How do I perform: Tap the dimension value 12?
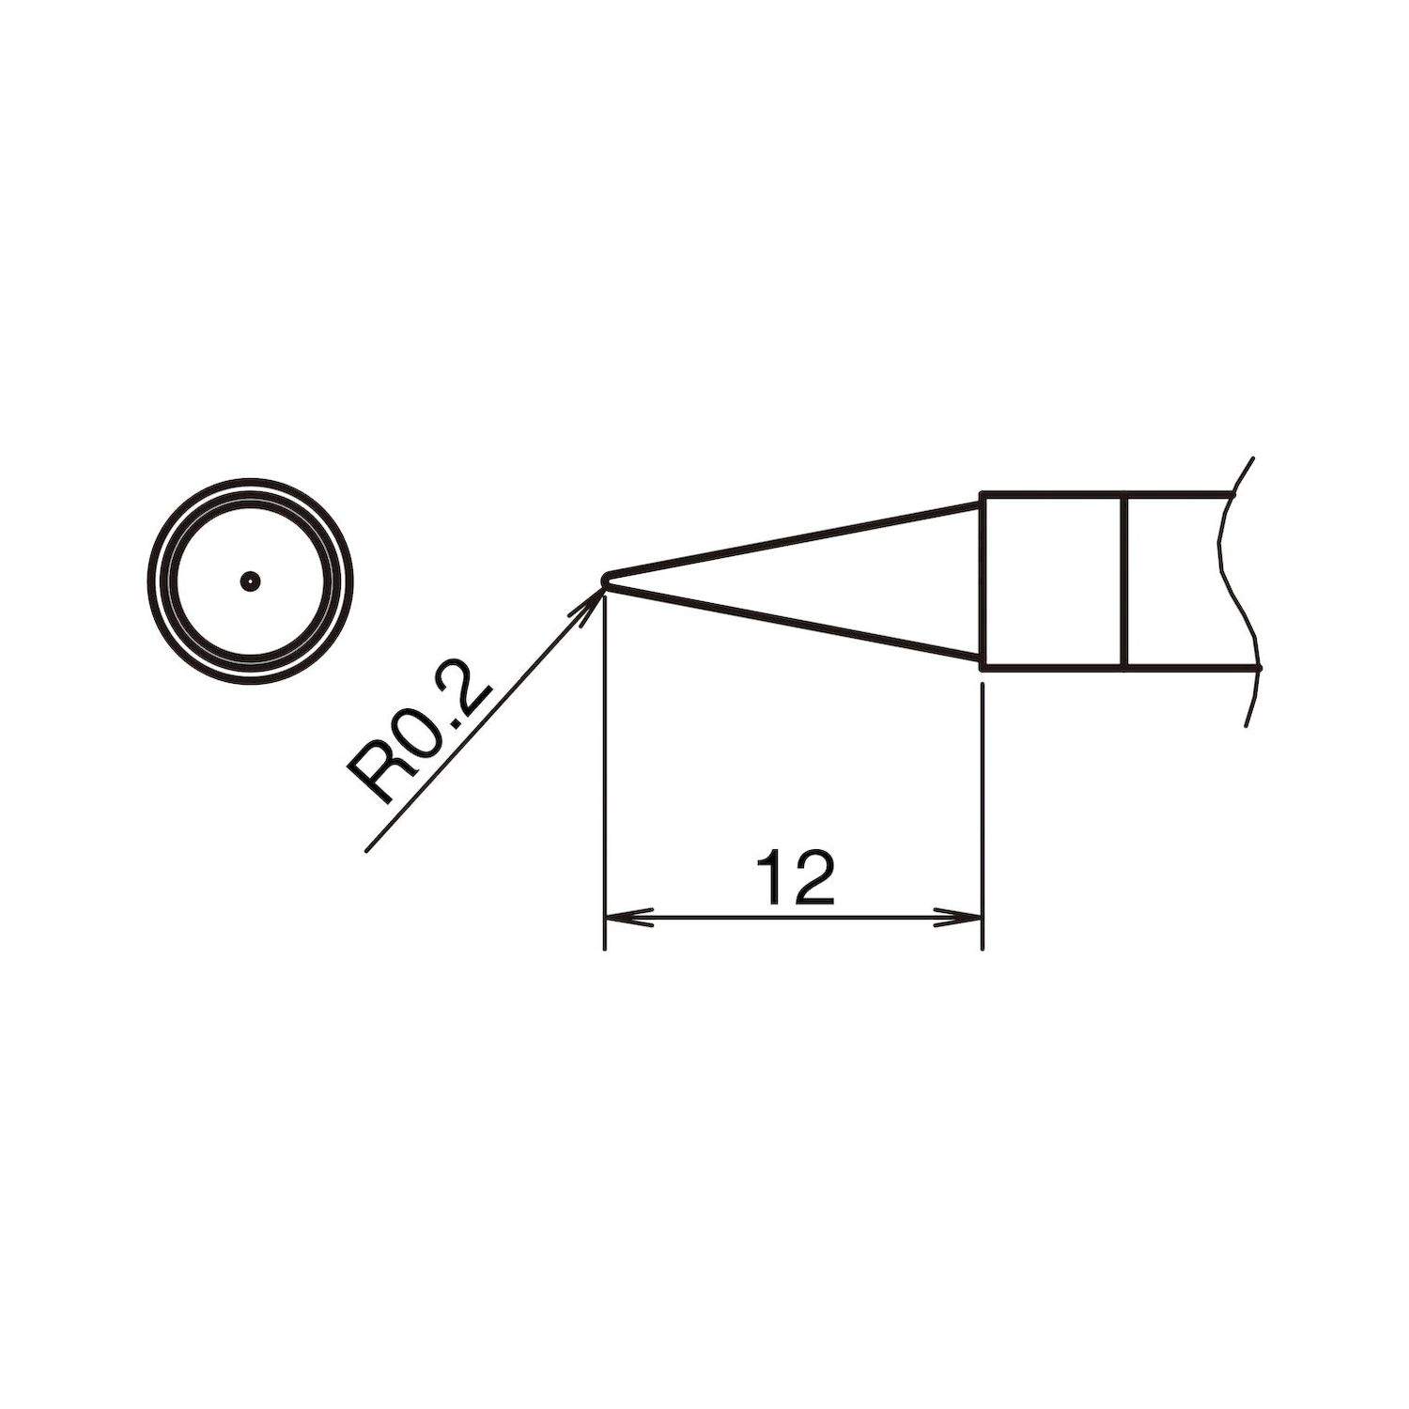click(x=794, y=878)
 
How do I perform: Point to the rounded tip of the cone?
click(x=607, y=580)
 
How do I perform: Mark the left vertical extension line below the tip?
click(x=604, y=770)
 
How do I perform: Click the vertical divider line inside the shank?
click(x=1123, y=581)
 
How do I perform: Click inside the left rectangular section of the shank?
click(x=1052, y=581)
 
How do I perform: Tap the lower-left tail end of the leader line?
click(x=366, y=849)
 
